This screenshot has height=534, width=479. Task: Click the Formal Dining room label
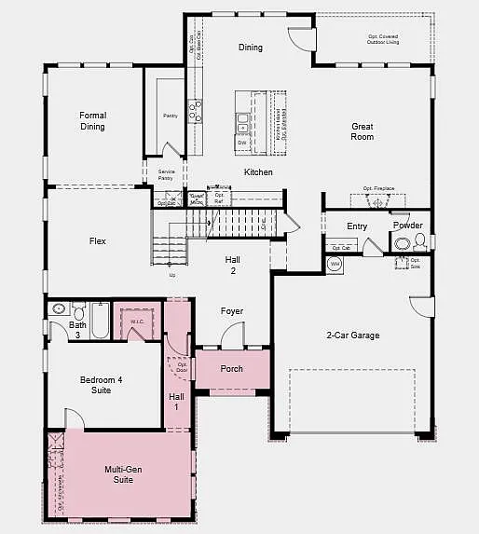[x=92, y=121]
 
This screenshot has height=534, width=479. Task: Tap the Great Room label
[x=363, y=131]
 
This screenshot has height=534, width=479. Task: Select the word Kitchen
[x=258, y=172]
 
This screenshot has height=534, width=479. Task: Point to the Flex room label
[x=97, y=241]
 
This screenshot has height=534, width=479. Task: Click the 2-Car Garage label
[x=352, y=335]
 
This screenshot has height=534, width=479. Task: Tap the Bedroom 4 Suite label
[x=94, y=385]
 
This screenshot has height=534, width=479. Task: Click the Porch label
[x=231, y=369]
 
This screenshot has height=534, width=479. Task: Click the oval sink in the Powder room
[x=402, y=244]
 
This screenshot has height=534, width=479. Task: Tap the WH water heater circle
[x=335, y=264]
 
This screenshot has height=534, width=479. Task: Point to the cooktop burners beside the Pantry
[x=196, y=112]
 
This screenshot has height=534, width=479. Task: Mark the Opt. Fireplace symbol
[x=377, y=200]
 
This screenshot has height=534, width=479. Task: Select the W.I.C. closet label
[x=137, y=322]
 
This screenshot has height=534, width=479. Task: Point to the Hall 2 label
[x=233, y=265]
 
